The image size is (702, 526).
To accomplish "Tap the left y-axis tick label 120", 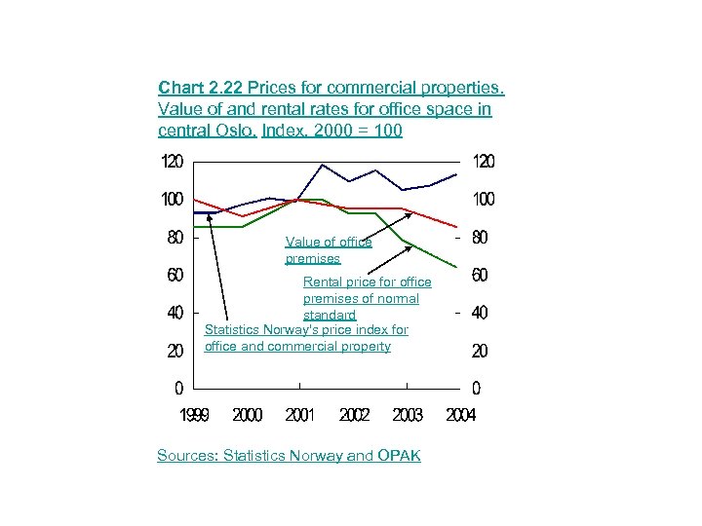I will [172, 161].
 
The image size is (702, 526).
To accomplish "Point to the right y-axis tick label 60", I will [480, 276].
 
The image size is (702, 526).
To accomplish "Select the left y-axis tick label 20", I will [175, 351].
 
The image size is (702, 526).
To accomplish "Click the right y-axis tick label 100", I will [484, 199].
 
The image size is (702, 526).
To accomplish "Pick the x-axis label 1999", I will [195, 415].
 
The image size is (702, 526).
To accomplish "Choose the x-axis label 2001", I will [300, 415].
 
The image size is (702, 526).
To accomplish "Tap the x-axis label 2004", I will [460, 415].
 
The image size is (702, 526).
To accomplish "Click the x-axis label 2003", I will [408, 415].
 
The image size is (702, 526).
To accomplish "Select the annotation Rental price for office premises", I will [367, 298].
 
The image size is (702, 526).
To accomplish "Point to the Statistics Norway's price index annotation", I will [305, 338].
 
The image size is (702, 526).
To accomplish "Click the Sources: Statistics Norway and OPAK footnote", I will [289, 455].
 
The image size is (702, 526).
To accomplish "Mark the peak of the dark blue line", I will [323, 165].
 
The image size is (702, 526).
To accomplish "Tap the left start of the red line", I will [195, 199].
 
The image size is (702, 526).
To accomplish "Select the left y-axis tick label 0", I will [177, 388].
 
